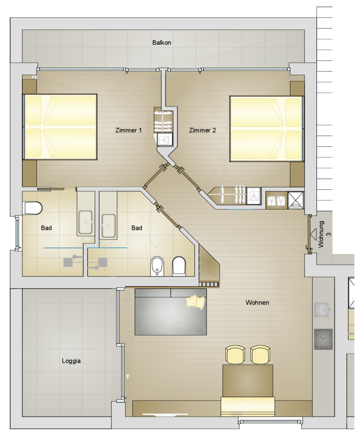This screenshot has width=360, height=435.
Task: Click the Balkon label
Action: click(161, 43)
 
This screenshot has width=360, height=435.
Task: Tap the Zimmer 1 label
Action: click(128, 130)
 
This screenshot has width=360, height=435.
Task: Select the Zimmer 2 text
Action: click(202, 130)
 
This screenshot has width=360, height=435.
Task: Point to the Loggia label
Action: click(71, 361)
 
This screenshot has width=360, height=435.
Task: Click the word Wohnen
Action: click(257, 302)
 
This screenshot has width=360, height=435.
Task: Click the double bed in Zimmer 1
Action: click(60, 127)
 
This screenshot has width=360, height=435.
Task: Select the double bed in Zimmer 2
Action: click(267, 129)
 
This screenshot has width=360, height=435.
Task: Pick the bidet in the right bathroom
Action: click(157, 266)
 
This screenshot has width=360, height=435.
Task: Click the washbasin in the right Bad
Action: click(108, 226)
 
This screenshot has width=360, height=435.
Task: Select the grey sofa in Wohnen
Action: click(171, 312)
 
